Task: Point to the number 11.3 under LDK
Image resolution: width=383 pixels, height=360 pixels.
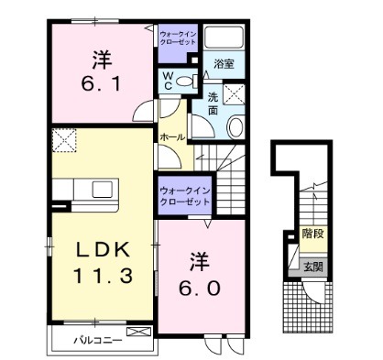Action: tap(99, 275)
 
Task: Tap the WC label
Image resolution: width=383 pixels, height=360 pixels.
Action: tap(169, 81)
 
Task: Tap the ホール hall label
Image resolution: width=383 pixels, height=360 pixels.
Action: tap(172, 137)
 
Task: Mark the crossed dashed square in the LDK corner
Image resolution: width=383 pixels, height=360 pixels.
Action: tap(65, 141)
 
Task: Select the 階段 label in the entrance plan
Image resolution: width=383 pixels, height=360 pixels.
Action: tap(313, 235)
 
